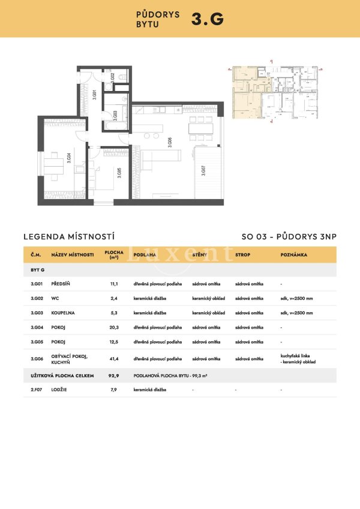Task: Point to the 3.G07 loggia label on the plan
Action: tap(203, 170)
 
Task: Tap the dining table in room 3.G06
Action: tap(200, 128)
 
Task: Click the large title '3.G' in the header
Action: tap(208, 19)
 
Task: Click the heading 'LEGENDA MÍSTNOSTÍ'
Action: tap(68, 237)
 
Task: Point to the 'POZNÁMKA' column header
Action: tap(294, 255)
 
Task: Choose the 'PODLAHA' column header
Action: tap(145, 255)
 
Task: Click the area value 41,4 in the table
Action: tap(114, 359)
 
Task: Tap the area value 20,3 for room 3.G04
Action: tap(114, 327)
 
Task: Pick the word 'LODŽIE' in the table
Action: tap(60, 390)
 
